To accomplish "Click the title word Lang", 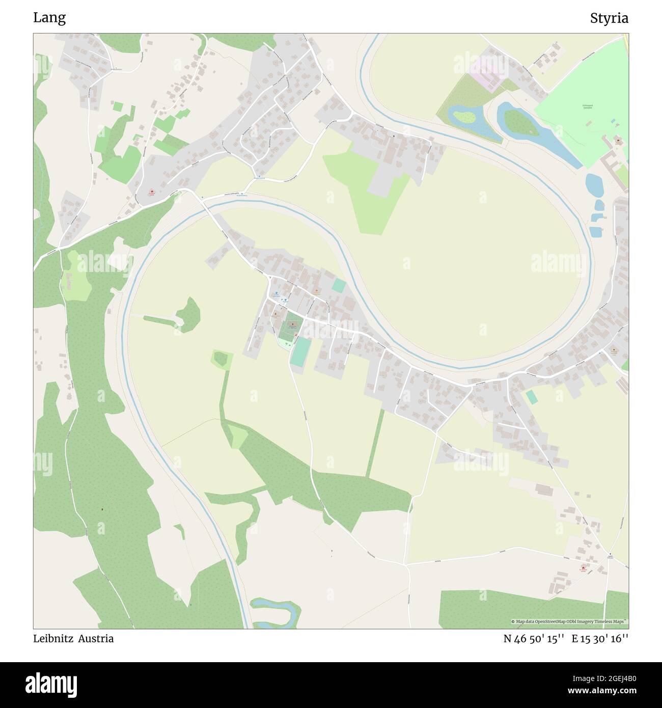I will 49,18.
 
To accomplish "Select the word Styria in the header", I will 609,18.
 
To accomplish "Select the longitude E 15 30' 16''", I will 600,638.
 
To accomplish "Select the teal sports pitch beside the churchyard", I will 301,351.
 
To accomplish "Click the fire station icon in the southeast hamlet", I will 582,568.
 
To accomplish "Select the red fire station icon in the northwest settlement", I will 151,192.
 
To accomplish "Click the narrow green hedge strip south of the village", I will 375,443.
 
